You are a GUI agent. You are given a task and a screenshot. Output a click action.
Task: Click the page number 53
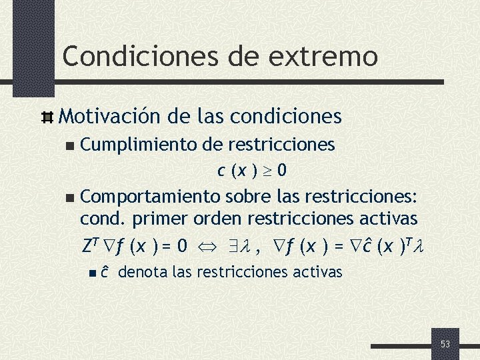[x=445, y=344]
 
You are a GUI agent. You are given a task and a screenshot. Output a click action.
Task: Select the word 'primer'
[x=159, y=218]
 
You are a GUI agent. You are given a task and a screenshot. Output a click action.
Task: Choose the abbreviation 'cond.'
[x=103, y=218]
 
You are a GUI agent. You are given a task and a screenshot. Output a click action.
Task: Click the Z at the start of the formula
[x=87, y=247]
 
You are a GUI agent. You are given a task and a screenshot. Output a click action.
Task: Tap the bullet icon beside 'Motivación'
[x=47, y=118]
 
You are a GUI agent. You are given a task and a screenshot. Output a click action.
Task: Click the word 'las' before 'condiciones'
[x=213, y=117]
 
